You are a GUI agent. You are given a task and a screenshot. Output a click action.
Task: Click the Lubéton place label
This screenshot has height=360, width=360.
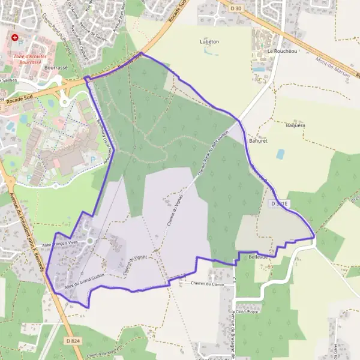click(x=209, y=42)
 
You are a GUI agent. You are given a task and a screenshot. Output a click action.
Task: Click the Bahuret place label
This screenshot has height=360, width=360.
click(x=258, y=140)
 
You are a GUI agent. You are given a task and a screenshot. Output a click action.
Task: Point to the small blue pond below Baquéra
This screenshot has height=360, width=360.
click(x=280, y=154)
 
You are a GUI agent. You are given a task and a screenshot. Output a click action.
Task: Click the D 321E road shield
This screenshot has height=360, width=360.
click(x=280, y=204)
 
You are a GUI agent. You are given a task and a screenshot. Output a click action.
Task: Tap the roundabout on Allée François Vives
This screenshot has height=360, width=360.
click(x=90, y=241)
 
